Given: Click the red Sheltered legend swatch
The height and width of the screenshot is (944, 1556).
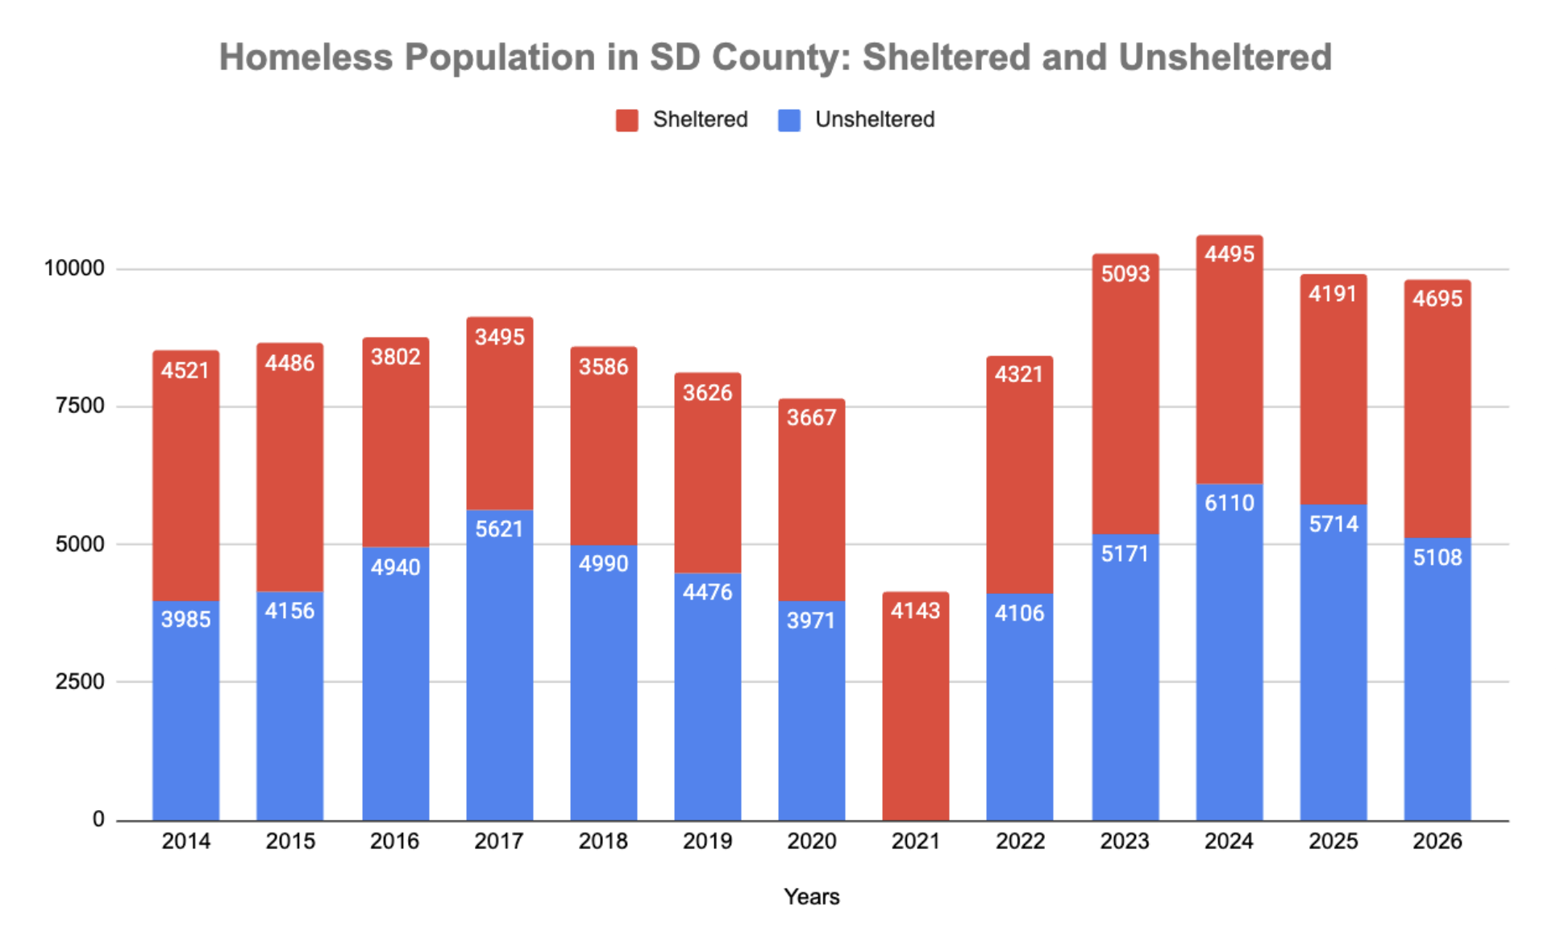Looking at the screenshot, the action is (626, 120).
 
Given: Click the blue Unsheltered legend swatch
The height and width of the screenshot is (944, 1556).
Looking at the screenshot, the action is (788, 120).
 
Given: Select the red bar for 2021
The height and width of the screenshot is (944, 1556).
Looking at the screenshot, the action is (915, 706).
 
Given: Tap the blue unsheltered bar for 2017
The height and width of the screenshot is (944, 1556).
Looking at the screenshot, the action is (499, 665).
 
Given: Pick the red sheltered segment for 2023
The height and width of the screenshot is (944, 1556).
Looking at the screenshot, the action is (1125, 394).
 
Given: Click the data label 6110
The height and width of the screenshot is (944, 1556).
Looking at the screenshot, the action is (1229, 503).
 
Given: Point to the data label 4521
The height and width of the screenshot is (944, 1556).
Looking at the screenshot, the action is (185, 370).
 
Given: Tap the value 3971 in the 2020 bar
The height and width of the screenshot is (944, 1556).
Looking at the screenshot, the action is (811, 620).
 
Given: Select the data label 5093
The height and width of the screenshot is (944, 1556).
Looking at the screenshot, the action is (1125, 274).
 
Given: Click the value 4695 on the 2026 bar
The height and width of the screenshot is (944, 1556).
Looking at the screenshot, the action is (1437, 299).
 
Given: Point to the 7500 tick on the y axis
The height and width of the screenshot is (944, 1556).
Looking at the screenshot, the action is (80, 406).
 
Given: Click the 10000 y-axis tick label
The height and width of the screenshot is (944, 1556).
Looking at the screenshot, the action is (74, 268).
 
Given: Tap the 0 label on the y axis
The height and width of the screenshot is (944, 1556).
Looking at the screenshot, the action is (98, 819).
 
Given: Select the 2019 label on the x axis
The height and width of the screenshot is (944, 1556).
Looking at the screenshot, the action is (707, 841).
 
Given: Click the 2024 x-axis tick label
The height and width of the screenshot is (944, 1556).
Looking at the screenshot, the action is (1229, 841).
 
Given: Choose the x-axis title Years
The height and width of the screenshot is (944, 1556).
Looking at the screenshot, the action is (811, 896).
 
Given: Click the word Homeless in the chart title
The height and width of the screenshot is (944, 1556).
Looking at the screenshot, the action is (306, 57).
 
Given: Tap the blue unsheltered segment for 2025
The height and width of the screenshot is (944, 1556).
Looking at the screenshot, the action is (1333, 662).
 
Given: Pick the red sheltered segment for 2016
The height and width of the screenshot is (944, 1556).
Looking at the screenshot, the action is (395, 442).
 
